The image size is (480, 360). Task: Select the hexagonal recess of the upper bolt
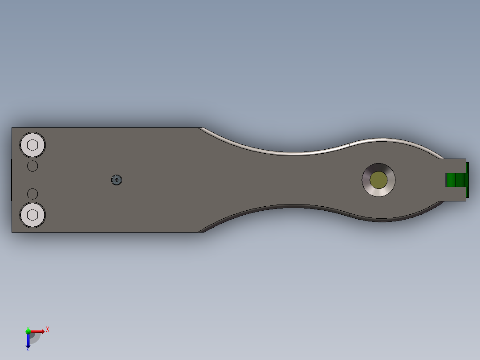33,145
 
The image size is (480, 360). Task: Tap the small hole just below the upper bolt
33,166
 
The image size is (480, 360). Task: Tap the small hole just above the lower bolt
33,194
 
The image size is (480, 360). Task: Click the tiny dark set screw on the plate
117,180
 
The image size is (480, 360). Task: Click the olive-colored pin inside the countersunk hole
378,180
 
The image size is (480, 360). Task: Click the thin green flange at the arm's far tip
468,180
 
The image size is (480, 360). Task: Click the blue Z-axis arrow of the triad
28,341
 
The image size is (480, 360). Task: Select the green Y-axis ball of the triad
28,331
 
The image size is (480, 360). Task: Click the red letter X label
48,329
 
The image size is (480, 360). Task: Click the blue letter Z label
28,349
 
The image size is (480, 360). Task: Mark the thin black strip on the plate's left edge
11,180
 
